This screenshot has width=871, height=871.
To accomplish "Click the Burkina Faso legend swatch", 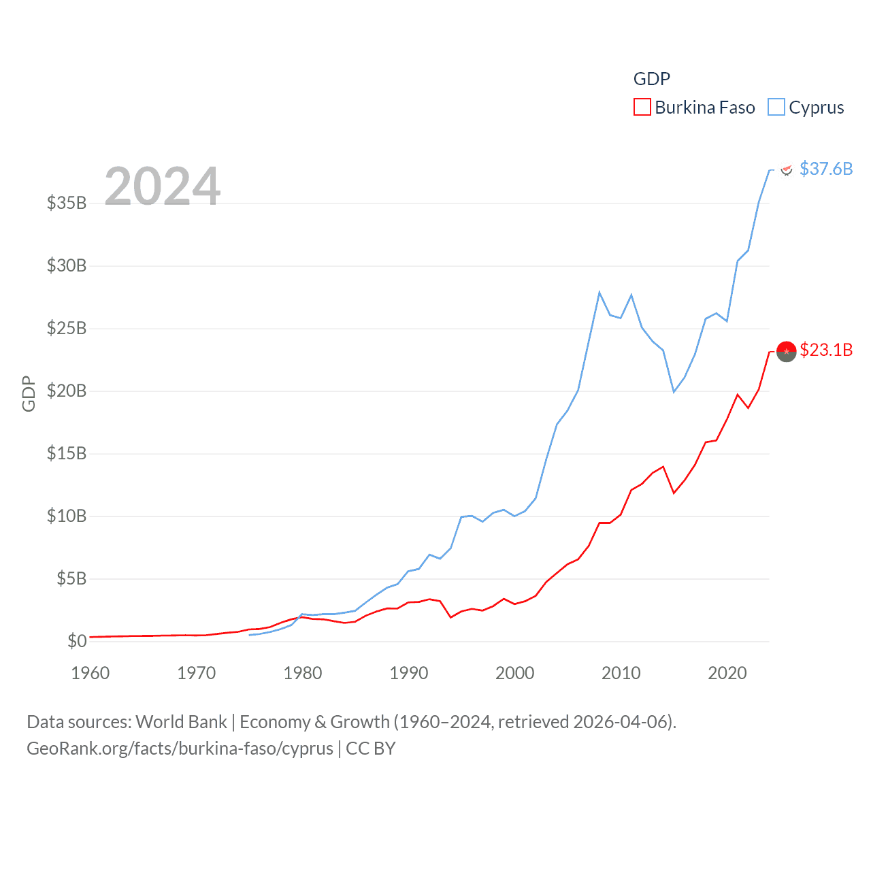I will click(642, 108).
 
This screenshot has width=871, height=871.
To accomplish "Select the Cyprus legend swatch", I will click(776, 108).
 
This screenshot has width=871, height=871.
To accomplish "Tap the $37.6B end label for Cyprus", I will click(826, 169).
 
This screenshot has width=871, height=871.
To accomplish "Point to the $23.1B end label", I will click(826, 350).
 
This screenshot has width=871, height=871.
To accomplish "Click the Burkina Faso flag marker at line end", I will click(786, 351).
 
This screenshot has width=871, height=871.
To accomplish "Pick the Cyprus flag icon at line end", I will click(787, 169).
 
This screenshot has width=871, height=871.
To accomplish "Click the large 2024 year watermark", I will click(163, 186).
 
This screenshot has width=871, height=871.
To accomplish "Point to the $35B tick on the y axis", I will click(67, 203).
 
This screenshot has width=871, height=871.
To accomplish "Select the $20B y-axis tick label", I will click(67, 391).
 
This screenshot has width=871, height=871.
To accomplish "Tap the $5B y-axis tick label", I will click(71, 578).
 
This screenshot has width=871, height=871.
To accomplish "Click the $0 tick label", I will click(77, 641).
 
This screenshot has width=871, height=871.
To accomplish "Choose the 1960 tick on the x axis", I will click(91, 673).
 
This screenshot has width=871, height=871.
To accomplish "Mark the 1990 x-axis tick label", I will click(409, 673).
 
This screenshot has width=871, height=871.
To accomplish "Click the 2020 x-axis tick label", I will click(727, 673).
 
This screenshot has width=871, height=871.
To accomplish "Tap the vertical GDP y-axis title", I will click(29, 393).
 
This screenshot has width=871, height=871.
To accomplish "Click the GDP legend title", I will click(652, 79).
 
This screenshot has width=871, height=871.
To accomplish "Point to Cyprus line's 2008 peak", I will click(599, 293).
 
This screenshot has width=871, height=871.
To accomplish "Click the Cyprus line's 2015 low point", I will click(674, 392).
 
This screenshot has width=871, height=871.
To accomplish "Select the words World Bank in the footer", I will click(182, 721).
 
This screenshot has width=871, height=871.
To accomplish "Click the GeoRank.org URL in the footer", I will click(180, 749).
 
